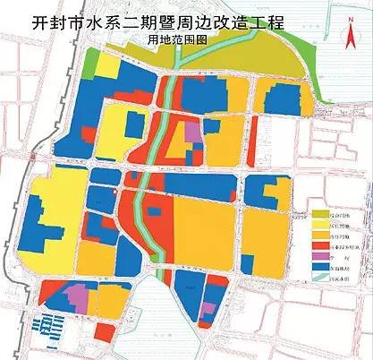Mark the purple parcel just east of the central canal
191,131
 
